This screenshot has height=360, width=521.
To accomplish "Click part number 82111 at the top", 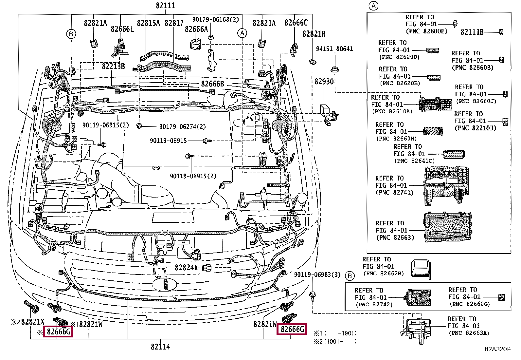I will point(165,6).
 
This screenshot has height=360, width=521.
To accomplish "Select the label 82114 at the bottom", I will point(160,347).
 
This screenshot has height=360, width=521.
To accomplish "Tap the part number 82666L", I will point(122,29).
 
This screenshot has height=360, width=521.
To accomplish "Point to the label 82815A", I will point(148,23).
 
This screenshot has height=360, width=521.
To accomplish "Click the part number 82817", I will point(174,23).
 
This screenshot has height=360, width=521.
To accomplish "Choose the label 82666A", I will point(196,29).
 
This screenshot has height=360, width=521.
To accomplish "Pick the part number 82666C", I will point(296,23).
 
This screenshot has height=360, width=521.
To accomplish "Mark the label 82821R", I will point(314,34).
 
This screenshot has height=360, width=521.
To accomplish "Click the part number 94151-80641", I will point(334,49).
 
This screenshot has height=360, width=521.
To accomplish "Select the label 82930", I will point(324,81).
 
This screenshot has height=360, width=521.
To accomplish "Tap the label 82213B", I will point(113,66).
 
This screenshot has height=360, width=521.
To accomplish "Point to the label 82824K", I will point(186,268).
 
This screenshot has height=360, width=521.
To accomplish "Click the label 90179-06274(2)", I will point(182,127).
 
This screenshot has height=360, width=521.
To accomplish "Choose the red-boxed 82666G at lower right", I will point(292,329).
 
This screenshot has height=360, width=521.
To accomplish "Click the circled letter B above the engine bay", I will point(71,34).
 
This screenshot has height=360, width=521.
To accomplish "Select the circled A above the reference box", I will point(373,6).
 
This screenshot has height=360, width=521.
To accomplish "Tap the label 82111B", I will point(472,32).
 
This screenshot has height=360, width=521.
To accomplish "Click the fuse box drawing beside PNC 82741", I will point(447,186).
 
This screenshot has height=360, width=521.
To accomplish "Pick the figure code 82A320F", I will point(497,349).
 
